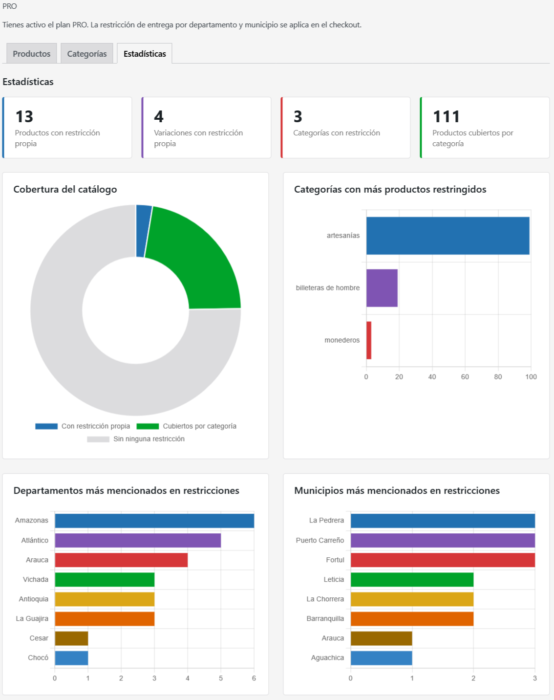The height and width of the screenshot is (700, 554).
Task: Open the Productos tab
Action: click(x=32, y=54)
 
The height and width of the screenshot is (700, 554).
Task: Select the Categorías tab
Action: click(x=87, y=54)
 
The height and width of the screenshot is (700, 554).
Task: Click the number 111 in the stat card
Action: click(x=446, y=116)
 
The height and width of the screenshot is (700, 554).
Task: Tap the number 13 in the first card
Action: click(x=24, y=116)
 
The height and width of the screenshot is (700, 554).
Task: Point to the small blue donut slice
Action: click(x=143, y=231)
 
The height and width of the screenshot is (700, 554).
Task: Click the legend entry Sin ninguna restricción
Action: click(x=136, y=439)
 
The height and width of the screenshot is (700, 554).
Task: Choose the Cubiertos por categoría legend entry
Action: click(x=187, y=426)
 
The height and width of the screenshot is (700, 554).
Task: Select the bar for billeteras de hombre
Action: click(x=382, y=288)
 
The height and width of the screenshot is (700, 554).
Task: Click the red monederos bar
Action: click(x=369, y=340)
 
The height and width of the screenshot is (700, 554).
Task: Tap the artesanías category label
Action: click(x=343, y=236)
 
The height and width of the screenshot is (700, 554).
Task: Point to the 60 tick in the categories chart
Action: click(x=465, y=377)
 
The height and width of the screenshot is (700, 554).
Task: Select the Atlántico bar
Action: click(x=138, y=540)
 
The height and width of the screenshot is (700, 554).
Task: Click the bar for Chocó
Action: click(x=71, y=657)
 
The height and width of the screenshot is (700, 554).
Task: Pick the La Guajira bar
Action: click(x=105, y=619)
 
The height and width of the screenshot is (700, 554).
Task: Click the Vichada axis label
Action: click(x=36, y=579)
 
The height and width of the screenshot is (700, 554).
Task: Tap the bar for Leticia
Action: click(x=412, y=580)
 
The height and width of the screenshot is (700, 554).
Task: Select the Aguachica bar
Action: click(x=382, y=657)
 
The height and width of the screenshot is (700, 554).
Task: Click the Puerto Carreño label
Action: click(x=320, y=540)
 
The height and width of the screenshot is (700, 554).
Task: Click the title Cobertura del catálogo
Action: click(x=65, y=189)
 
